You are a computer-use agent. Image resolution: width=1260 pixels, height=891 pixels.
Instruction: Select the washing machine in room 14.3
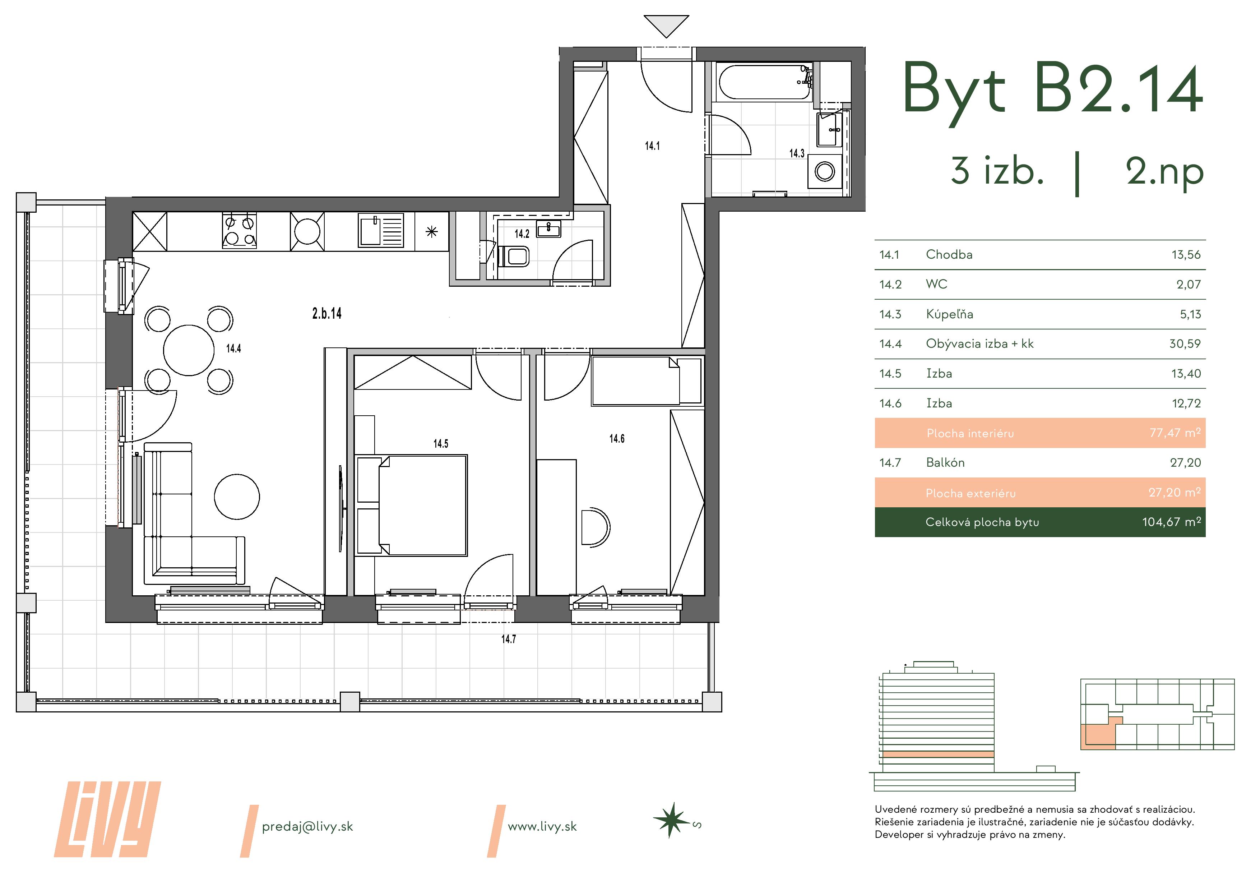pos(825,171)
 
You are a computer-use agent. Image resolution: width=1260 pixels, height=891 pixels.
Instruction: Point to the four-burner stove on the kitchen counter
pos(239,231)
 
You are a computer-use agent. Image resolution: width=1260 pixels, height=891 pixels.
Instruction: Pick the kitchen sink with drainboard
pos(381,231)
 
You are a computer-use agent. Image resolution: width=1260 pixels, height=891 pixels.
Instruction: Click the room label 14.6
pos(617,439)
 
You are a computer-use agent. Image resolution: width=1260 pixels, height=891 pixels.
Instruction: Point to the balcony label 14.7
pos(509,639)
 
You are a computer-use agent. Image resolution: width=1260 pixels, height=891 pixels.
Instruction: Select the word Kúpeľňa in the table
pos(949,314)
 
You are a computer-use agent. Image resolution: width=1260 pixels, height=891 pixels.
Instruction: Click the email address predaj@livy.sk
pos(307,827)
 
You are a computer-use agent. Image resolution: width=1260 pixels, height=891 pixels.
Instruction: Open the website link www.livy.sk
pos(542,827)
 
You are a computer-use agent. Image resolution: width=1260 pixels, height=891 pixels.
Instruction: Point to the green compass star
pos(671,821)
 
